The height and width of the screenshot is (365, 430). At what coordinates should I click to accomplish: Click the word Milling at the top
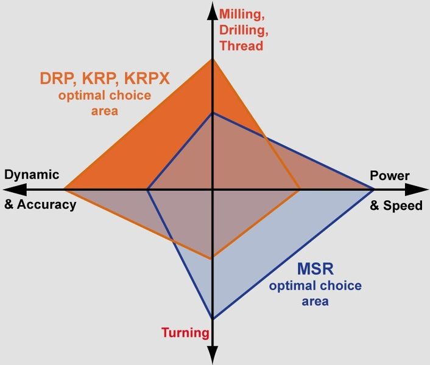point(241,15)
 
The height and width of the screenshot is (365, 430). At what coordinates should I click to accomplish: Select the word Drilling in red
point(242,30)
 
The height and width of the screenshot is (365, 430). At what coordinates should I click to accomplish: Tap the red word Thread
point(241,46)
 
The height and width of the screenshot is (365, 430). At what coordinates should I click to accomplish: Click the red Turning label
point(185,333)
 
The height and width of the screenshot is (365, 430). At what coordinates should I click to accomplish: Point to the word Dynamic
point(32,175)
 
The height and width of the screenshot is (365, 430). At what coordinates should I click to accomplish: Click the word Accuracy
point(47,204)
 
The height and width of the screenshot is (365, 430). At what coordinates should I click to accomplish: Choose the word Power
point(390,176)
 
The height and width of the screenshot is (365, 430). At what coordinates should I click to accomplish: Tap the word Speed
point(403,206)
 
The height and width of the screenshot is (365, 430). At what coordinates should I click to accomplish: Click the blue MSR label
point(315,269)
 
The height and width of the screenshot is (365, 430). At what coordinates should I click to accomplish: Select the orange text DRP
point(57,78)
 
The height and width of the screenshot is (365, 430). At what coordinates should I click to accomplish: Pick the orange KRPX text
point(147,78)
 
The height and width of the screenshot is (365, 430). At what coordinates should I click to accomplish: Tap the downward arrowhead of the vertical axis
point(213,355)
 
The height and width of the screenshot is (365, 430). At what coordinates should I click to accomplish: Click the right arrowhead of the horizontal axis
point(417,189)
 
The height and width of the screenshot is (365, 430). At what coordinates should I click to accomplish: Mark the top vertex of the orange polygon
point(213,59)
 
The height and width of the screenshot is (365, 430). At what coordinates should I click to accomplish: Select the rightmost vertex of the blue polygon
point(374,189)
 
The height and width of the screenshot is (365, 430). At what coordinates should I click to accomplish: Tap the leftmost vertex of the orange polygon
point(64,189)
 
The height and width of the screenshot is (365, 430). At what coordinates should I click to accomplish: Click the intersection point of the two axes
point(213,189)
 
